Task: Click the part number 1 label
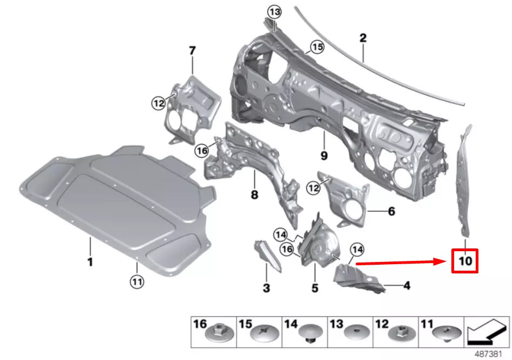(90, 262)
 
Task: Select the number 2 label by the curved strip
(363, 38)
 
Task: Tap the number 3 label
(266, 289)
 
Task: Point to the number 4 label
(406, 285)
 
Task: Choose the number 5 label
(314, 289)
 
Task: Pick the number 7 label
(192, 50)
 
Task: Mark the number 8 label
(253, 194)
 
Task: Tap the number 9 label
(324, 155)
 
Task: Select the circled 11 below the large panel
(136, 281)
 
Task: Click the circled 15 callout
(317, 48)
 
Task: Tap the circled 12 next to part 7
(158, 102)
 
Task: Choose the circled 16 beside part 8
(202, 151)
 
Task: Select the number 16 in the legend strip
(200, 324)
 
